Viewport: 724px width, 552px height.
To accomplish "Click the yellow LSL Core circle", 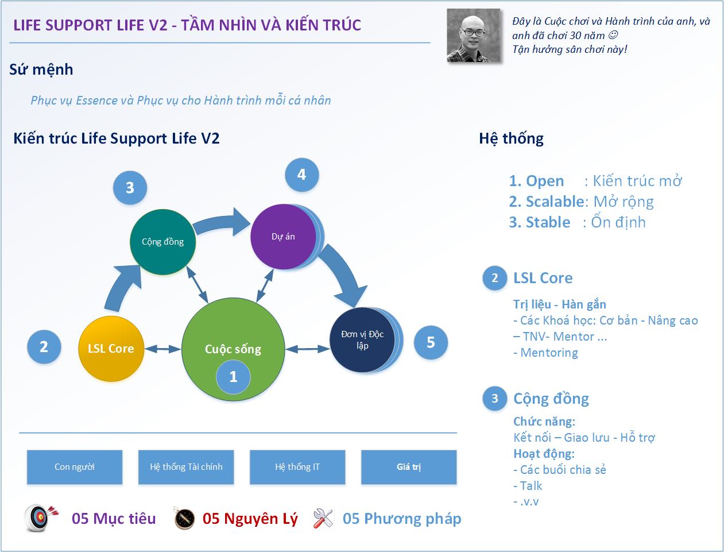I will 110,348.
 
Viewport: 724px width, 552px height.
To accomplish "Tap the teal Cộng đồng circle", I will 162,241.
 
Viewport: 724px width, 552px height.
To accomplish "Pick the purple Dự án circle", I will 283,236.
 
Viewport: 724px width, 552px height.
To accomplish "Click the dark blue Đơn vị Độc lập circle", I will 362,339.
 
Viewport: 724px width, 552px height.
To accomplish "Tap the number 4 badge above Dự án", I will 301,175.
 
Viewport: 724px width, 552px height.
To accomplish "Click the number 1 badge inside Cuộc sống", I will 233,377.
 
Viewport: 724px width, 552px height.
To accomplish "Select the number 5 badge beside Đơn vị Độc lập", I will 431,342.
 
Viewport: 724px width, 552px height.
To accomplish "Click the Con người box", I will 75,467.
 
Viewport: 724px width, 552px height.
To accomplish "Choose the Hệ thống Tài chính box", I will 186,467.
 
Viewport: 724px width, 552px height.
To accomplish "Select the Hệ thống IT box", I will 297,467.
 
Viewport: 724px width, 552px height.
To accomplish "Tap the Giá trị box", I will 409,467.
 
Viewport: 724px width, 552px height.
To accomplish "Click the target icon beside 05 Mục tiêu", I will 41,518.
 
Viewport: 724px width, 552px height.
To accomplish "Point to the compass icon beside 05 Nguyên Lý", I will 184,519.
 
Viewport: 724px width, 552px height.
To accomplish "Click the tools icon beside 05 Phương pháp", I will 323,519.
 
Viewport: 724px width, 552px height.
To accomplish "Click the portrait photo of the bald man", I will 473,36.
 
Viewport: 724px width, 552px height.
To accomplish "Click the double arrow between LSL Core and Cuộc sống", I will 162,348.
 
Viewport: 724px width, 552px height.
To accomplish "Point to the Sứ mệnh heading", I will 41,70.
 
